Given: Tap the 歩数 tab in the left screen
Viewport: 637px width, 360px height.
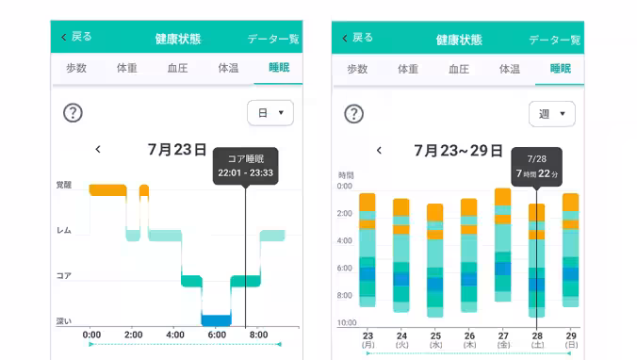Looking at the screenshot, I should pyautogui.click(x=75, y=68).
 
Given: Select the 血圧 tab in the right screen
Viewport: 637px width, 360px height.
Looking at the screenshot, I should pyautogui.click(x=458, y=69).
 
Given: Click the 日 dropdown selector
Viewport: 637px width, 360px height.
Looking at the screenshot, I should pyautogui.click(x=269, y=113).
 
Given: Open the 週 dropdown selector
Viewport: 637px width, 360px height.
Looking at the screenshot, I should pyautogui.click(x=551, y=114).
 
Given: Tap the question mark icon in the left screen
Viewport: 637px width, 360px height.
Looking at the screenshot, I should pyautogui.click(x=73, y=113).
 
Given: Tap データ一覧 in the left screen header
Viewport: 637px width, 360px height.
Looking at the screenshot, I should pyautogui.click(x=273, y=40).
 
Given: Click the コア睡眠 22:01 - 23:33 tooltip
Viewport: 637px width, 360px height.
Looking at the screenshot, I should pyautogui.click(x=245, y=166).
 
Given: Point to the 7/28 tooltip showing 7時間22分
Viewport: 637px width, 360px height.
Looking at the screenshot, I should pyautogui.click(x=536, y=168).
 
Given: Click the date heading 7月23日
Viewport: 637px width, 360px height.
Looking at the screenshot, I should pyautogui.click(x=177, y=149).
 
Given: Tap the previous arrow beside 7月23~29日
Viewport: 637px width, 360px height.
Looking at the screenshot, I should pyautogui.click(x=379, y=150).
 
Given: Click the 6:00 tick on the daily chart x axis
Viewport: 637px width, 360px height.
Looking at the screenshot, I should pyautogui.click(x=216, y=335).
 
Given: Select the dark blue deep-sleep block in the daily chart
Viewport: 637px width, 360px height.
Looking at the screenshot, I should pyautogui.click(x=216, y=319).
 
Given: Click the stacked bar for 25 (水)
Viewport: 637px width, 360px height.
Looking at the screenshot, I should pyautogui.click(x=434, y=256).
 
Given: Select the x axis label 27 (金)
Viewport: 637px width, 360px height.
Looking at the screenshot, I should pyautogui.click(x=502, y=339).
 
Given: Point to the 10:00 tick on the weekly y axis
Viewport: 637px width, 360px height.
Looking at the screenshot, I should pyautogui.click(x=347, y=323).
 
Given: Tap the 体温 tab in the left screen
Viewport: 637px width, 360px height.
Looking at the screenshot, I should pyautogui.click(x=228, y=68).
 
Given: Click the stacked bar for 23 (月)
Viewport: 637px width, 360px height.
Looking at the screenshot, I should pyautogui.click(x=367, y=250).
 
